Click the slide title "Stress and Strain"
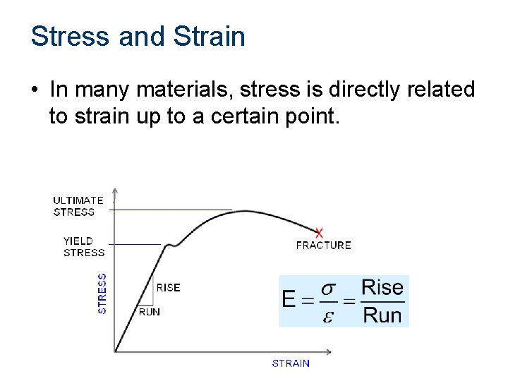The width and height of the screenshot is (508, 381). tap(138, 36)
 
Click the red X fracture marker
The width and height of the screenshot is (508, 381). tap(320, 232)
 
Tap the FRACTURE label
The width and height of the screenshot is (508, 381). tap(323, 246)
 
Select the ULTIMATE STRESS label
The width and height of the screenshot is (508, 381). tap(78, 206)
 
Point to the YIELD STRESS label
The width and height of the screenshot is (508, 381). tap(83, 246)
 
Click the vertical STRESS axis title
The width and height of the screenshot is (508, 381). tap(102, 294)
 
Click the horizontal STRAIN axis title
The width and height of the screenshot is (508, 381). tap(291, 363)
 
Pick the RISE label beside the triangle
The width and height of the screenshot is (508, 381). tap(168, 287)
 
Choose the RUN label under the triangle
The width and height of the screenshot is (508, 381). tap(149, 312)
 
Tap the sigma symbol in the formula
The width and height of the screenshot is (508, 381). tap(328, 289)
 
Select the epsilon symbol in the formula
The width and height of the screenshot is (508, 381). tap(327, 315)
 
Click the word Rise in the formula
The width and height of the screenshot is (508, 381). tap(382, 287)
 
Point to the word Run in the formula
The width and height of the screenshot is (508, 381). tap(382, 315)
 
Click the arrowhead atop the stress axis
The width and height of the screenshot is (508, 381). tap(115, 191)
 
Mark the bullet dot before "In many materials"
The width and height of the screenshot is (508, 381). tap(34, 90)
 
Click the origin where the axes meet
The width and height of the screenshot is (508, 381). tap(115, 351)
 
